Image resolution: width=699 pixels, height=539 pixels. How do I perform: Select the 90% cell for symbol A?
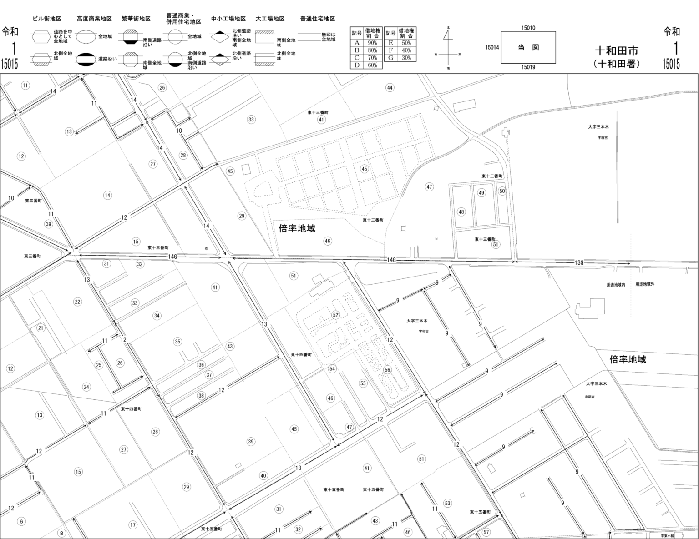pos(372,43)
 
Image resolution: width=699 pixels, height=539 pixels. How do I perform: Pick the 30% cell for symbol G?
pos(406,58)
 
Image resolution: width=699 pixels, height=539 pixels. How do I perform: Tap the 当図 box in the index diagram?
pos(528,47)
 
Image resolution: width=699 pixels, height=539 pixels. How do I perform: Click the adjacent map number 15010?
pos(528,28)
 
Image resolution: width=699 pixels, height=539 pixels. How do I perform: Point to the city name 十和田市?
pos(617,50)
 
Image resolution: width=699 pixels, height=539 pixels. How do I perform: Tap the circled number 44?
pos(390,87)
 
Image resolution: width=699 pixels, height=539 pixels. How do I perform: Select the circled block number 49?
pos(481,193)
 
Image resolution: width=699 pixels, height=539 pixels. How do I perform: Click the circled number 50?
pos(502,191)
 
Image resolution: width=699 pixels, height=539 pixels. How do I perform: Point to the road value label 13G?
pos(578,263)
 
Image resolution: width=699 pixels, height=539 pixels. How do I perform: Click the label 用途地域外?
pos(645,284)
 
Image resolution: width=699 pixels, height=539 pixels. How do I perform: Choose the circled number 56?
pos(387,370)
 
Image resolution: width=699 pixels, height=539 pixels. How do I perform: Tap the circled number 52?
pos(335,315)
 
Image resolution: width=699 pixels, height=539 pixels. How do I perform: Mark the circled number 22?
pos(77,302)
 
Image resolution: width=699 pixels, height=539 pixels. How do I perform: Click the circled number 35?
pos(177,342)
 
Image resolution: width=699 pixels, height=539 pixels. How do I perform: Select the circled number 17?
pos(132,525)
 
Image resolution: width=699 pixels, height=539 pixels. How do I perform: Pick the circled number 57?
pos(486,532)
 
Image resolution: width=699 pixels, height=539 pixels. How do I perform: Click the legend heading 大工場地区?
pos(270,19)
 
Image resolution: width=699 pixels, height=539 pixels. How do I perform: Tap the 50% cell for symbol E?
pos(406,43)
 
